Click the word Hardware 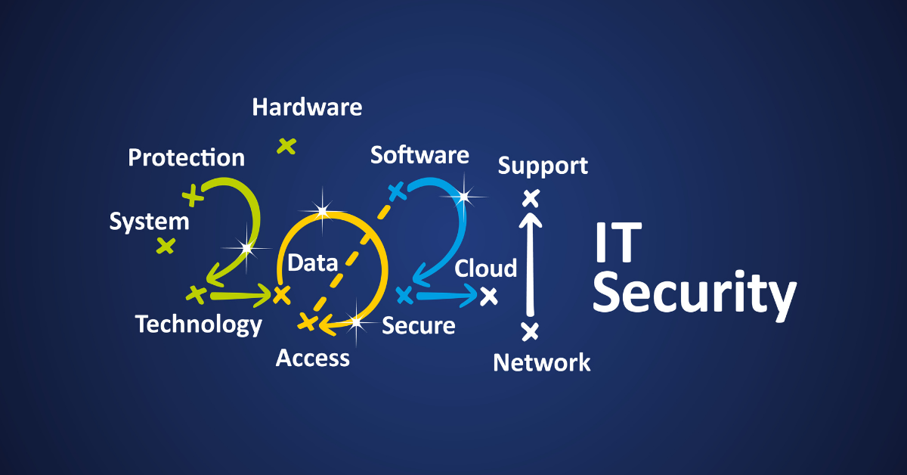[x=307, y=107]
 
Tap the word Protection [x=186, y=157]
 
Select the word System [x=149, y=222]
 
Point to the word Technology [x=199, y=324]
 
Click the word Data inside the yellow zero [x=312, y=263]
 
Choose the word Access [x=313, y=358]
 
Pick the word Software [x=419, y=155]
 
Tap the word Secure [x=418, y=326]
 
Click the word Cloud [x=486, y=269]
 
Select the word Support [x=543, y=166]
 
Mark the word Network [x=542, y=363]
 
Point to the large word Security [x=694, y=295]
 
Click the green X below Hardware [x=286, y=145]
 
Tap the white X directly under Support [x=531, y=199]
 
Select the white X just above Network [x=531, y=331]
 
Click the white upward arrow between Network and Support [x=531, y=265]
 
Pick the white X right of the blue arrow [x=489, y=296]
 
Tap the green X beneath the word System [x=166, y=245]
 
